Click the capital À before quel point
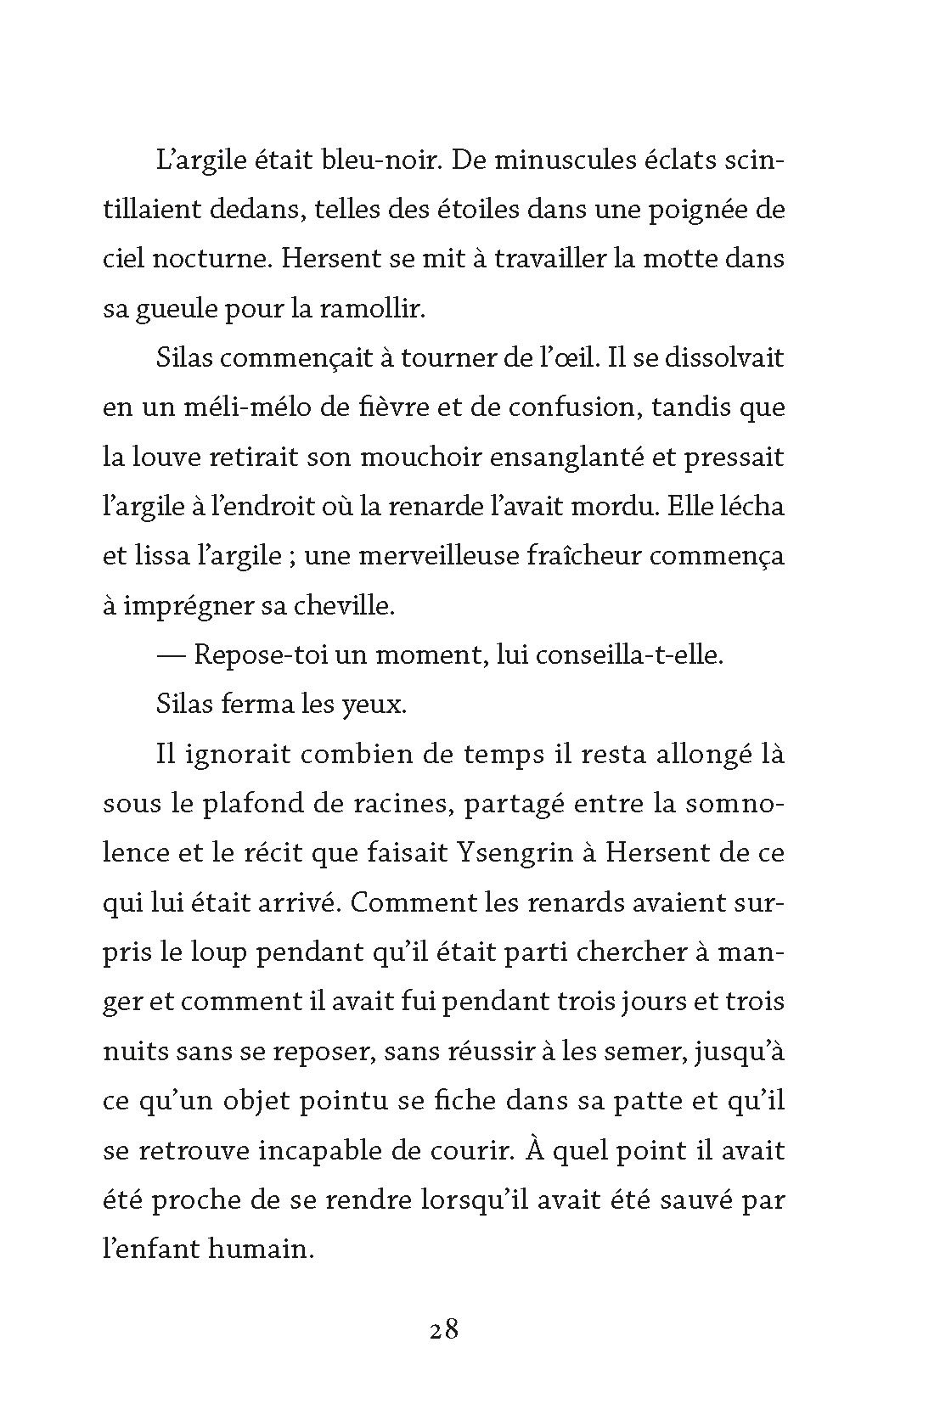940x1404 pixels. pyautogui.click(x=533, y=1149)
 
